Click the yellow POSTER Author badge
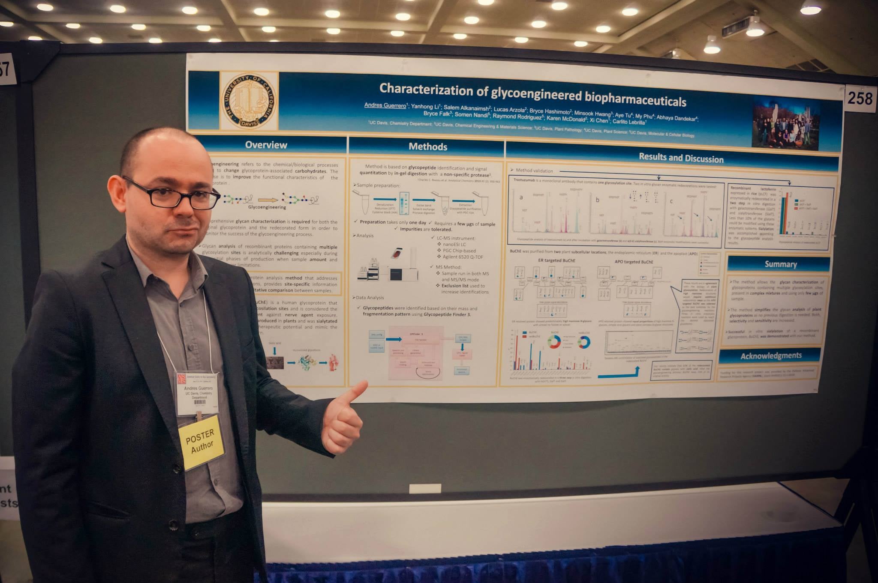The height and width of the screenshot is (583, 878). tap(201, 442)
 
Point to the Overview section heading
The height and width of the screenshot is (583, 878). tap(266, 145)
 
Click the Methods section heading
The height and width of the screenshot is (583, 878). tap(427, 146)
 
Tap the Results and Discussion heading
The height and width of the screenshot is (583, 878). tap(681, 158)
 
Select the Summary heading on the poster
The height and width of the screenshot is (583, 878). tap(780, 264)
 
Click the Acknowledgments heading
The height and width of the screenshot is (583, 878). tap(770, 356)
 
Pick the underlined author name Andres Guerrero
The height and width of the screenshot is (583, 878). tap(385, 105)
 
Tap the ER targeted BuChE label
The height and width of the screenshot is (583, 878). tap(556, 260)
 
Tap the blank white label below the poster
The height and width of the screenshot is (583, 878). tap(425, 488)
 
